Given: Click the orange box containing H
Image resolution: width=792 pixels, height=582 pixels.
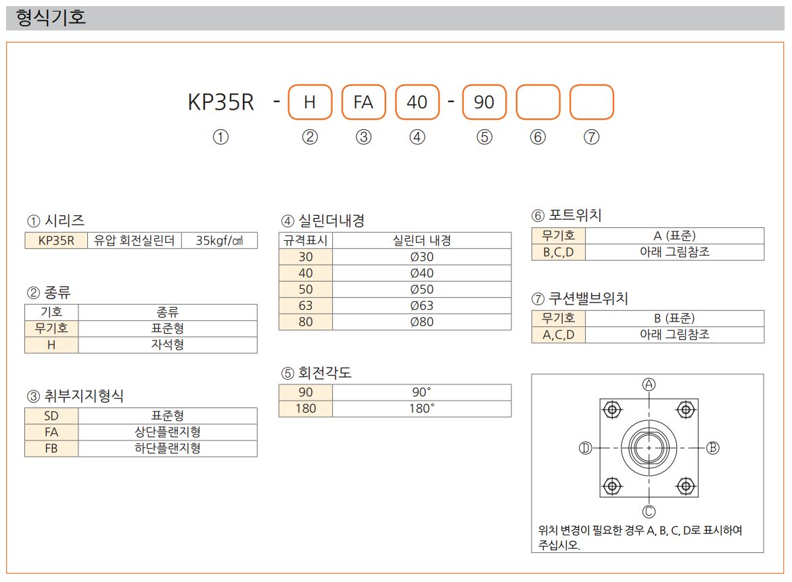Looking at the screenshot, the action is coord(310,102).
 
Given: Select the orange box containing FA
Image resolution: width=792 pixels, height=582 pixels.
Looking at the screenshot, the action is coord(364,102).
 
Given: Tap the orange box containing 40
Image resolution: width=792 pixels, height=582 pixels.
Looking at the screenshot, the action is coord(417,102).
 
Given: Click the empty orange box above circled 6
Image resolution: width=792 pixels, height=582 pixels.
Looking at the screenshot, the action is coord(538,102).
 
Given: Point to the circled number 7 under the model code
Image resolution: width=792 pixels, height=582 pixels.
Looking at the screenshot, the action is coord(592,137).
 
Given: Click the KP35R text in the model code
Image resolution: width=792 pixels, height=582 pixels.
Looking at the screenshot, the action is coord(220,102).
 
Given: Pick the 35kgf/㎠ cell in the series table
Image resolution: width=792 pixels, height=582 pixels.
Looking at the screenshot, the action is coord(219,240).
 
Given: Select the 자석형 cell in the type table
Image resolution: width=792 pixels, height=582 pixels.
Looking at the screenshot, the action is coord(168,345).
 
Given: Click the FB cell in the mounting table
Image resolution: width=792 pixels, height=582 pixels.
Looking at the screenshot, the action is coord(51,449).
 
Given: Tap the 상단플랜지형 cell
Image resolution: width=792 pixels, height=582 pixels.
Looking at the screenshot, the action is coord(168,432).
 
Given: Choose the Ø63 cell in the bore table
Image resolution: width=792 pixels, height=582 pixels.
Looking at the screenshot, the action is coord(422,306).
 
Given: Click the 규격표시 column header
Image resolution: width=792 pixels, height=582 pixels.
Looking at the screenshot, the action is coord(306,240).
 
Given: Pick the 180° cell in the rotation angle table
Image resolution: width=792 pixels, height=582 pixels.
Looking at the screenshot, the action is coord(422,409).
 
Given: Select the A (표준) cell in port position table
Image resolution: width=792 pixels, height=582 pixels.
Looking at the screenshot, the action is coord(675,236).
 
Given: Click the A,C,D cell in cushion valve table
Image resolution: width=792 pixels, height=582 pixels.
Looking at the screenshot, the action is coord(559,335).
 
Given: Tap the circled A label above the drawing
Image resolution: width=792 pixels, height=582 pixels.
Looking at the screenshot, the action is coord(649,384).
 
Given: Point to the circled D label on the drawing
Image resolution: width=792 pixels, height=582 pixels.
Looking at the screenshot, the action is coord(586,448).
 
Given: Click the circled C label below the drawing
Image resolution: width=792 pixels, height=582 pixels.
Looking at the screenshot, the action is coord(649,512).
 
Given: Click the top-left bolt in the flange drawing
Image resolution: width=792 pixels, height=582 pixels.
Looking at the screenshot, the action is coord(612,409).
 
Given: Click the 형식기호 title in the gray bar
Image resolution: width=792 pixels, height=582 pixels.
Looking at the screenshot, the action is coord(51,18).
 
